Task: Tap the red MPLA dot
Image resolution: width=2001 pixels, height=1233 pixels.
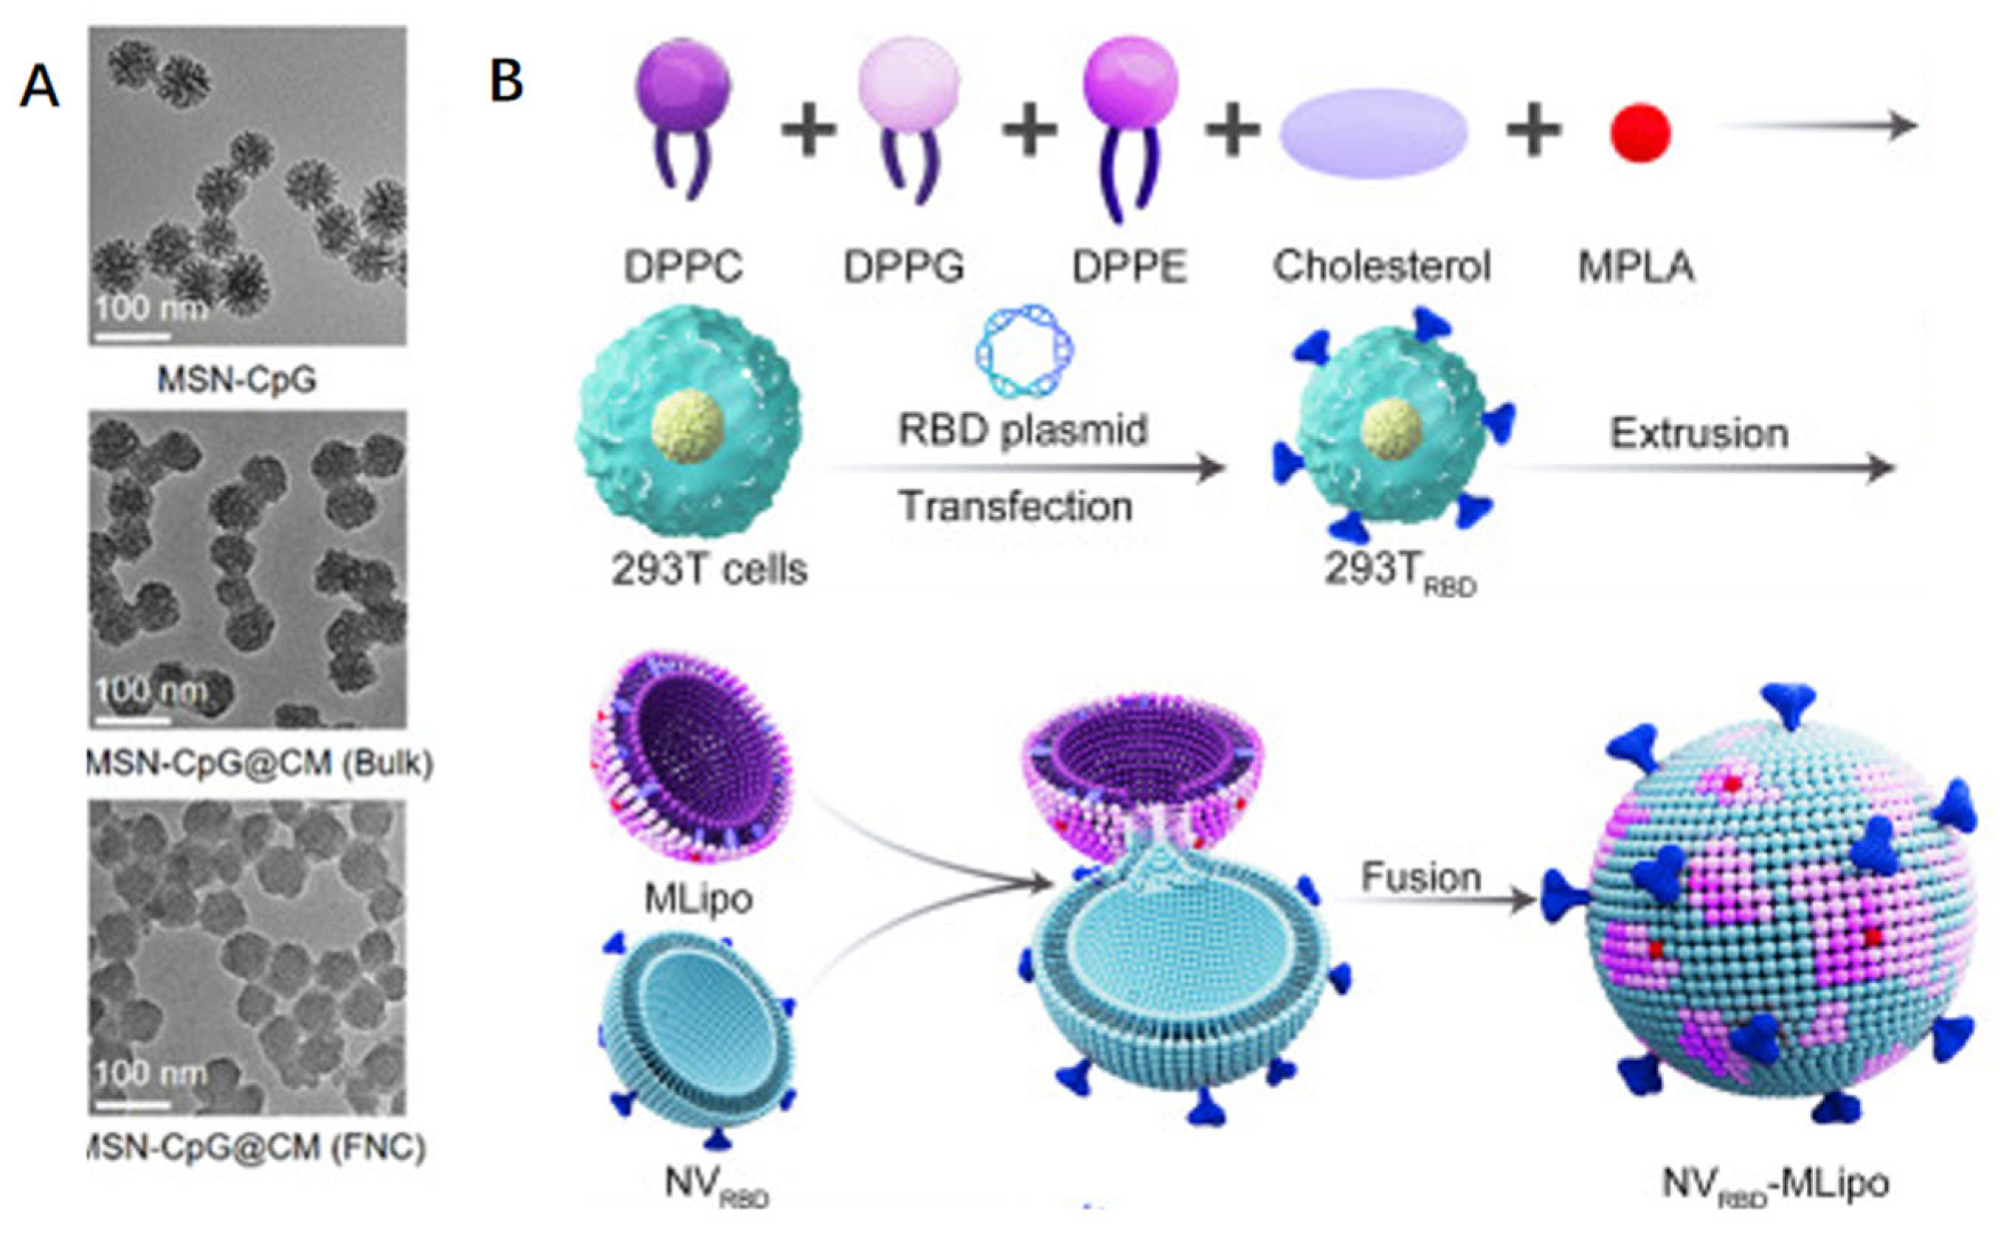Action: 1639,133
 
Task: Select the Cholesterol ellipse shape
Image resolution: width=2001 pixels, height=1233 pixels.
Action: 1375,133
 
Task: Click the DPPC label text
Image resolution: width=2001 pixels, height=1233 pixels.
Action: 683,266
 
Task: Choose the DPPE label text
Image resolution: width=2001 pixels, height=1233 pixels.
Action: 1130,266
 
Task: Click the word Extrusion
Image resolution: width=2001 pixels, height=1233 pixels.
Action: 1699,433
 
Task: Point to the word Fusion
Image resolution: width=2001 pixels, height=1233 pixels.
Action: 1421,878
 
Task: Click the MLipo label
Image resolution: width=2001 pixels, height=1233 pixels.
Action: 698,899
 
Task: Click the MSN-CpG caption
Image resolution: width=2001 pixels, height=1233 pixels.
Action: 236,379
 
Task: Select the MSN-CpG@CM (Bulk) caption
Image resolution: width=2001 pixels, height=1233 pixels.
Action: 259,762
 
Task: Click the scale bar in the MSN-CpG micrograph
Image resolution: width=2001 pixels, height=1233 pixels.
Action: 134,335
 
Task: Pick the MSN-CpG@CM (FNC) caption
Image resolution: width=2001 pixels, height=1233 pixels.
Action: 257,1147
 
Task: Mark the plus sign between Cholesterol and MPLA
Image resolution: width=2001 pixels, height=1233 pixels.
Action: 1533,131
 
